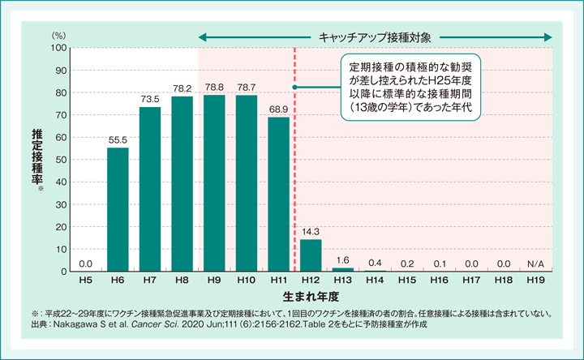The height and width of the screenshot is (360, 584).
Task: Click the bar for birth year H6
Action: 118,209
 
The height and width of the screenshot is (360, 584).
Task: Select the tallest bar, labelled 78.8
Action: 214,183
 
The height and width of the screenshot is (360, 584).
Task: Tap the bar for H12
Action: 311,255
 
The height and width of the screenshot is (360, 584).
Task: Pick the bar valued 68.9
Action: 278,195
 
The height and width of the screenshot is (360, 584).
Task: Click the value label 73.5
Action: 150,99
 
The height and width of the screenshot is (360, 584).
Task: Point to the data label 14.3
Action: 311,231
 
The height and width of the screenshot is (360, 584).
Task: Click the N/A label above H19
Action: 535,264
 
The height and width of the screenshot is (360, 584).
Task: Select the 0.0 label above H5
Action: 85,264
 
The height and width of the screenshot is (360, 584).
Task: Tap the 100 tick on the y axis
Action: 58,48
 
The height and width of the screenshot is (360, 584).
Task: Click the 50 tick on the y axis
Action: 60,160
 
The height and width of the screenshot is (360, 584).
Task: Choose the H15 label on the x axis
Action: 407,280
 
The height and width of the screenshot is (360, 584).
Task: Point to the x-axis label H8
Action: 182,280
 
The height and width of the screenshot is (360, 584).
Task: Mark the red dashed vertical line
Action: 294,162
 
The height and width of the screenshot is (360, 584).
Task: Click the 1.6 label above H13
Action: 342,259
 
